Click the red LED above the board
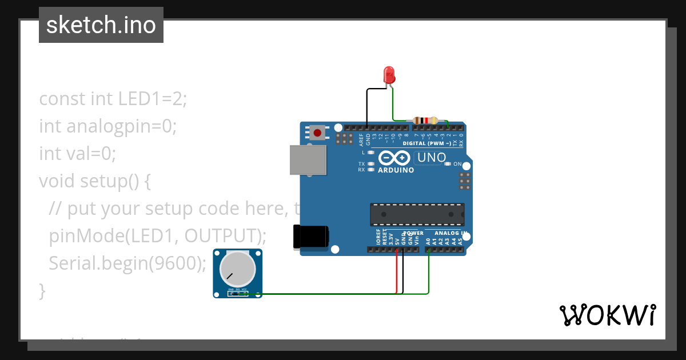(389, 75)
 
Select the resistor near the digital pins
(425, 121)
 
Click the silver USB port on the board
(308, 159)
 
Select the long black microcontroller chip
(417, 214)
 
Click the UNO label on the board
(432, 157)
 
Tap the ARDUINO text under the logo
(396, 170)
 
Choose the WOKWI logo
(607, 315)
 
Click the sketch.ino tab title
(101, 25)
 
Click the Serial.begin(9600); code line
(127, 263)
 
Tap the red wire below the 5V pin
(397, 274)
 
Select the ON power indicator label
(457, 164)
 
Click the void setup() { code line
(95, 181)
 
